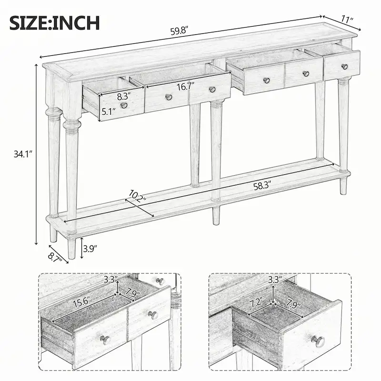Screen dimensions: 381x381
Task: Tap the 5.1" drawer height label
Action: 109,112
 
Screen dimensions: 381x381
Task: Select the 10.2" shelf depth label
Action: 137,196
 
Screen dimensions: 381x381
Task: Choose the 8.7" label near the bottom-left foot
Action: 55,258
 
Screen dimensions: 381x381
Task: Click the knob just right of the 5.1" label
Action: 125,105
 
